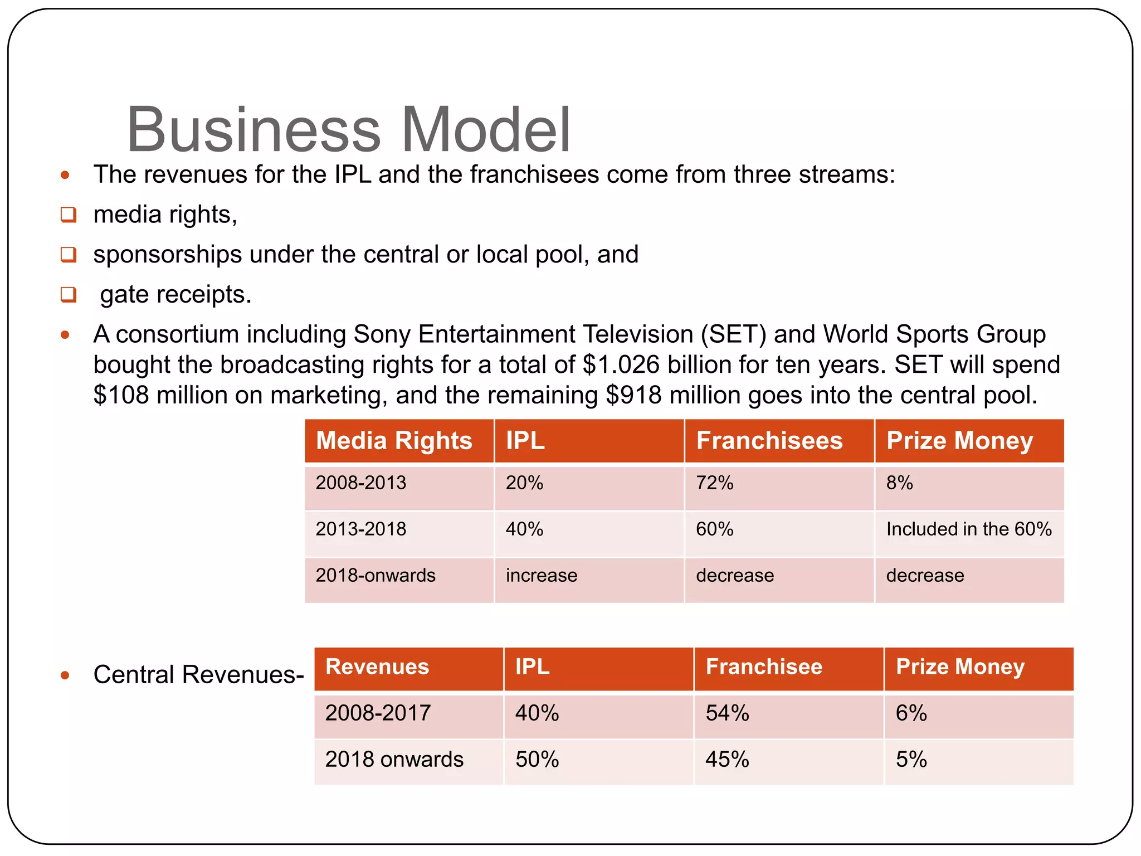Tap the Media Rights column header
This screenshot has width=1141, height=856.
click(x=394, y=441)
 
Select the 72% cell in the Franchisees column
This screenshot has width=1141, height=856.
click(x=714, y=483)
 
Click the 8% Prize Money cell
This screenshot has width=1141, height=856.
click(x=899, y=483)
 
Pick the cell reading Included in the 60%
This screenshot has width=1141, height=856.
click(x=968, y=529)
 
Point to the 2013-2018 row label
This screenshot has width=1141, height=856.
click(x=361, y=529)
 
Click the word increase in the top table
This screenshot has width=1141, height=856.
click(x=542, y=575)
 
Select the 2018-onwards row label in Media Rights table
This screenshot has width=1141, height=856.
click(x=376, y=575)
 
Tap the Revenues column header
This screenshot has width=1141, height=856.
click(x=377, y=667)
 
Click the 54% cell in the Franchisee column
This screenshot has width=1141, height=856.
click(x=727, y=713)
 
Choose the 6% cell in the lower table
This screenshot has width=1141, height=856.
click(x=911, y=713)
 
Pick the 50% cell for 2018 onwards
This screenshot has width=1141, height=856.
click(x=537, y=760)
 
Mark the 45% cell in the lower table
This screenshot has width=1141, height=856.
click(x=727, y=760)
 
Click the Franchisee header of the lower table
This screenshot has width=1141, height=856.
click(x=764, y=667)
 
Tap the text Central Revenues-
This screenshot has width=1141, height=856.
click(x=198, y=675)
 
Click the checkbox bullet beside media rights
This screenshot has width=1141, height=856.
click(x=69, y=215)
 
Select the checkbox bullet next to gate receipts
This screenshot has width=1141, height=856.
click(x=69, y=294)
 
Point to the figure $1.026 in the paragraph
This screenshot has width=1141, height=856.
click(x=621, y=365)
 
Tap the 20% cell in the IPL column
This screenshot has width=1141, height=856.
click(x=524, y=483)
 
